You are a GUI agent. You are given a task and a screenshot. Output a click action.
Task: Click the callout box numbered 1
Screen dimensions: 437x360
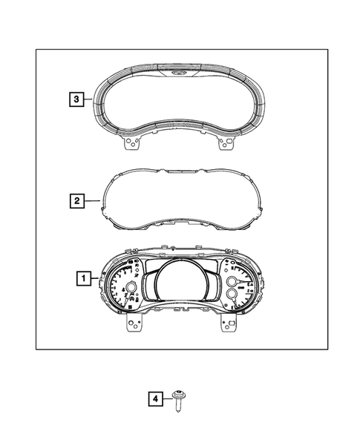pyautogui.click(x=84, y=279)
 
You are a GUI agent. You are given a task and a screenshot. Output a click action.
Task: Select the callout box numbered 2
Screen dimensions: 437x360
pyautogui.click(x=75, y=200)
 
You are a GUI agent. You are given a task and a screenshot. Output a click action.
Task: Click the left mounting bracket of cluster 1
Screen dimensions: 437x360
pyautogui.click(x=134, y=324)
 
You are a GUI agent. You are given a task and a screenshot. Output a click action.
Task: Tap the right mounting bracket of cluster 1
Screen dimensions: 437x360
pyautogui.click(x=226, y=324)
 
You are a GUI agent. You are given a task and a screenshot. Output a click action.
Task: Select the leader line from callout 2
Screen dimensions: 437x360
pyautogui.click(x=92, y=200)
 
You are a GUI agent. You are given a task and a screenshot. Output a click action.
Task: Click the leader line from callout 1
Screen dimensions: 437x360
pyautogui.click(x=96, y=279)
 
